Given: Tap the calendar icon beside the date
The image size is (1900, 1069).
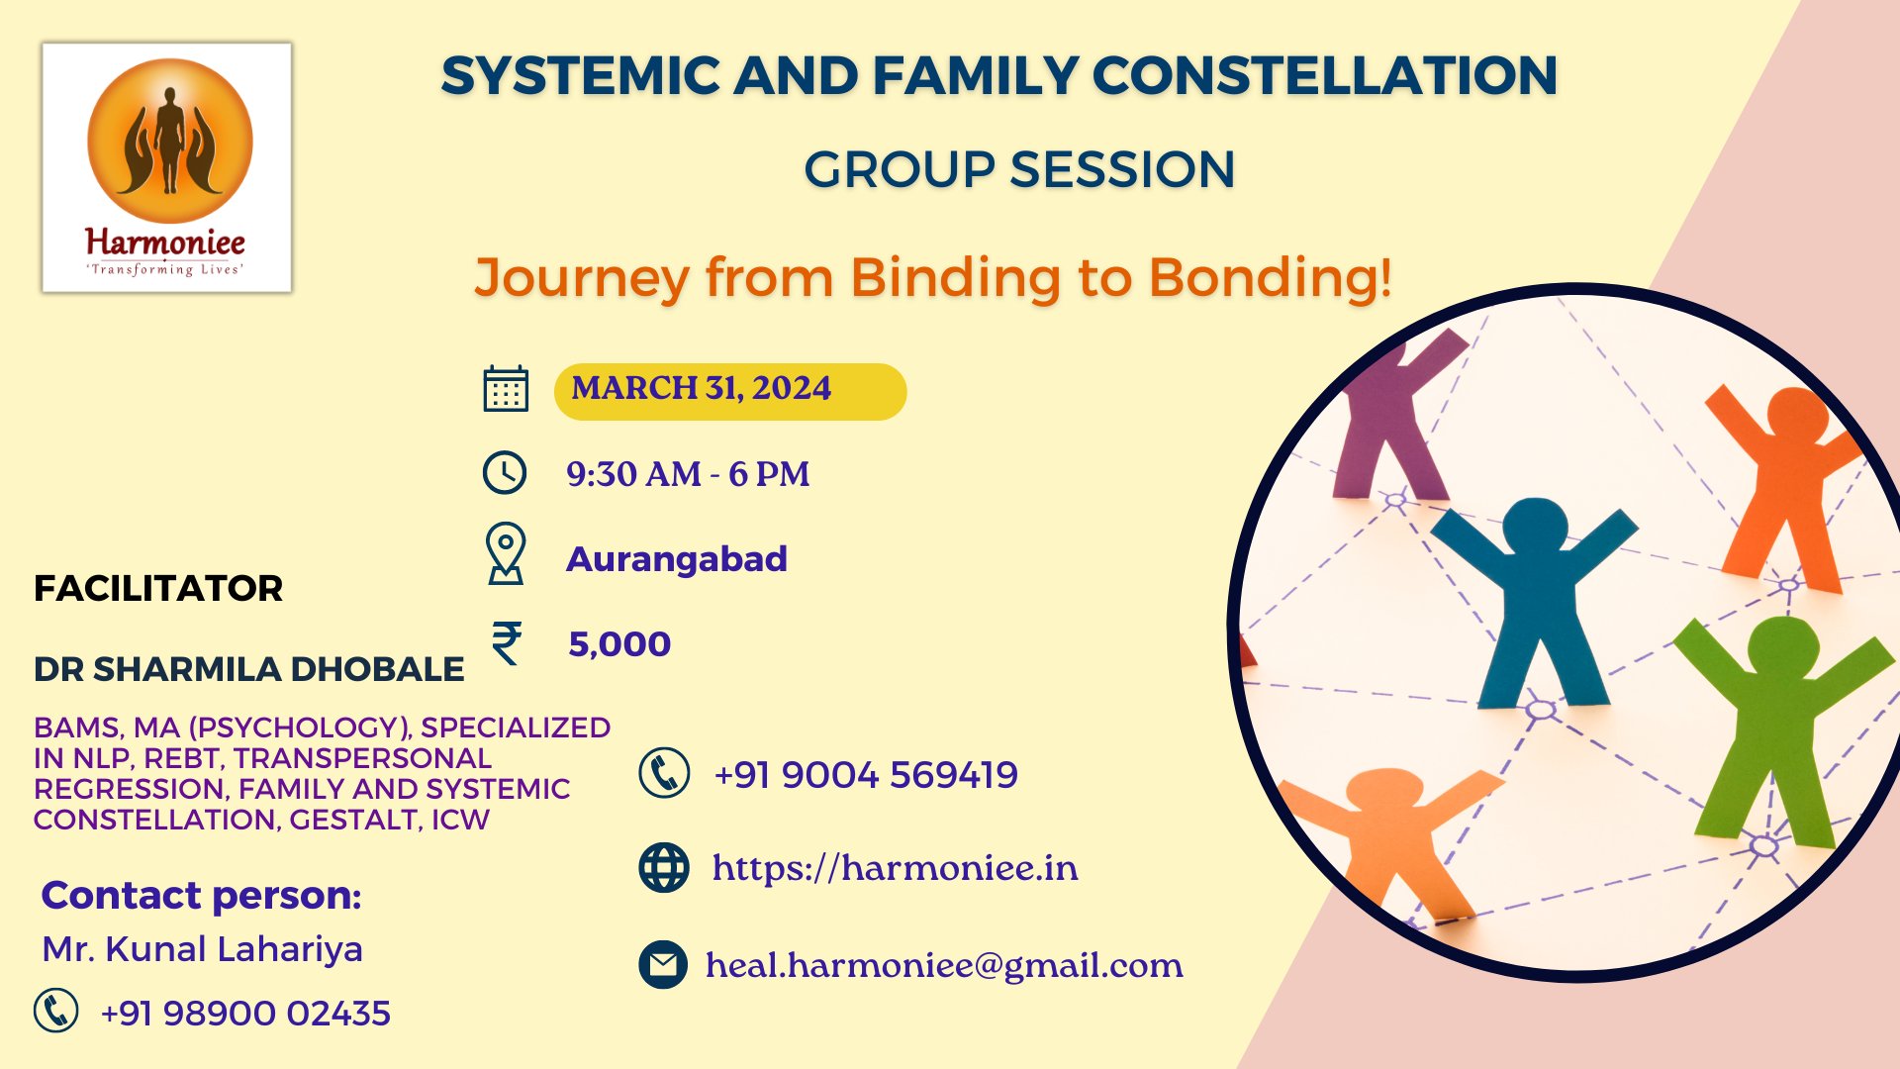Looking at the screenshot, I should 506,389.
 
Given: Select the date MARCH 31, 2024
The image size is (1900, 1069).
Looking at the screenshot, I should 701,389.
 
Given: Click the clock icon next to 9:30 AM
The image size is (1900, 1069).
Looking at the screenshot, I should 505,473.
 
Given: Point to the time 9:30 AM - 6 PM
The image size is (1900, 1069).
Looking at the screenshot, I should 688,474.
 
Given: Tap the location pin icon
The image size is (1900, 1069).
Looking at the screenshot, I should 506,554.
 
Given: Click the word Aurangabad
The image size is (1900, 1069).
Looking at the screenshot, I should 677,559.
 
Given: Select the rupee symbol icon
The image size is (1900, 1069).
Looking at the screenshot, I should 507,643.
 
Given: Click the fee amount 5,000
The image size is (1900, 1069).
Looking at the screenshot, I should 619,644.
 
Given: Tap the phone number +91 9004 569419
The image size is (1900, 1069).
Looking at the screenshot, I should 866,775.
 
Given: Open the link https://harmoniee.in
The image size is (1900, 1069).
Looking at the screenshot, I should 895,868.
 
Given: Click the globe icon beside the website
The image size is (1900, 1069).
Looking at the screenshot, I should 664,868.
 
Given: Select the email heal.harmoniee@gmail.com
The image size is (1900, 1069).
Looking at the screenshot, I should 944,965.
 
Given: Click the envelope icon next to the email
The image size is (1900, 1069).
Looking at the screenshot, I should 663,965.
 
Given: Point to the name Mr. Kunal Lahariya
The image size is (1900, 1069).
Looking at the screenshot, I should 202,949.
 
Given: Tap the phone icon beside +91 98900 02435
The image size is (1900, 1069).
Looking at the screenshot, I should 56,1011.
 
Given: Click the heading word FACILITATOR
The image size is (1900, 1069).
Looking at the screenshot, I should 158,589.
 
